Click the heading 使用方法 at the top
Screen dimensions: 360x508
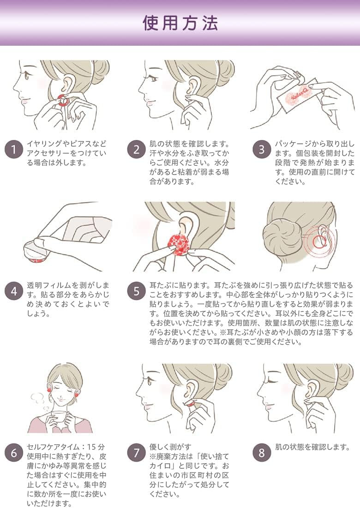pos(180,23)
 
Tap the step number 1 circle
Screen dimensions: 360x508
pos(13,150)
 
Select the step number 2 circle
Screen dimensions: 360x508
pos(137,150)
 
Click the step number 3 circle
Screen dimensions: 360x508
pos(262,150)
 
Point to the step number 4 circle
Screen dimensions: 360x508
pos(13,291)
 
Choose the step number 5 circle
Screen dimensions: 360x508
pos(137,291)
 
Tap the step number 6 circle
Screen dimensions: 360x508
pos(13,453)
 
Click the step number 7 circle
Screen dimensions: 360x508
pos(137,453)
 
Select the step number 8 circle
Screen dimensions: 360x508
pos(262,453)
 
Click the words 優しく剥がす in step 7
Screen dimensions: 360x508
pos(170,447)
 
